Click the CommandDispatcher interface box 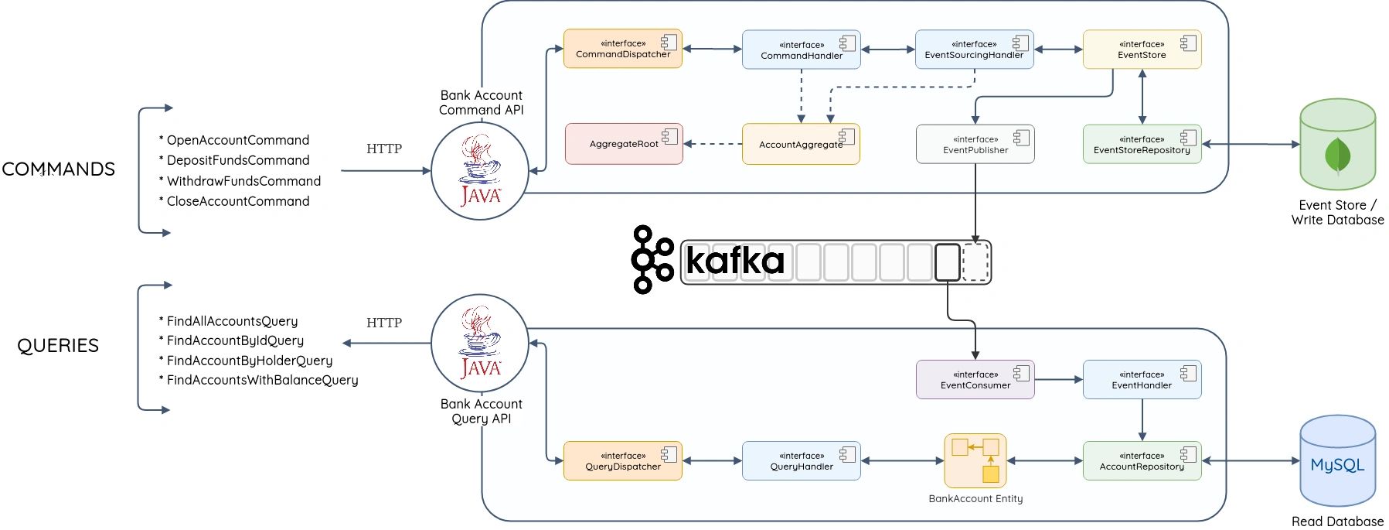tap(622, 49)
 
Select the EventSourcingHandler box tap(974, 50)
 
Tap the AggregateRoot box tap(624, 144)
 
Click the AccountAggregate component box tap(800, 144)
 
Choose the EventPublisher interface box tap(975, 145)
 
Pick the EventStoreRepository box tap(1142, 145)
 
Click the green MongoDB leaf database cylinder tap(1337, 145)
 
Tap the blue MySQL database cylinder tap(1337, 462)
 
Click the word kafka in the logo tap(734, 260)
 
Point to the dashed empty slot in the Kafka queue tap(975, 262)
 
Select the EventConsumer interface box tap(975, 380)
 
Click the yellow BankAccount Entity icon tap(975, 460)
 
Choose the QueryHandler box tap(801, 461)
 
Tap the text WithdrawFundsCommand tap(243, 181)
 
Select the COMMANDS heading tap(58, 169)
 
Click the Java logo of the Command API tap(479, 171)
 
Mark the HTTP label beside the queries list tap(384, 323)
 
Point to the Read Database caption tap(1337, 521)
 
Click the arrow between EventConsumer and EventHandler tap(1058, 380)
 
